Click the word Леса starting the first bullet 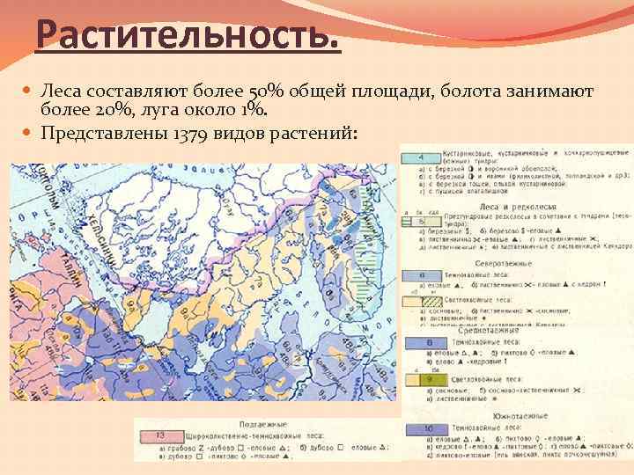[x=63, y=91]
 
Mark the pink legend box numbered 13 [x=159, y=435]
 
